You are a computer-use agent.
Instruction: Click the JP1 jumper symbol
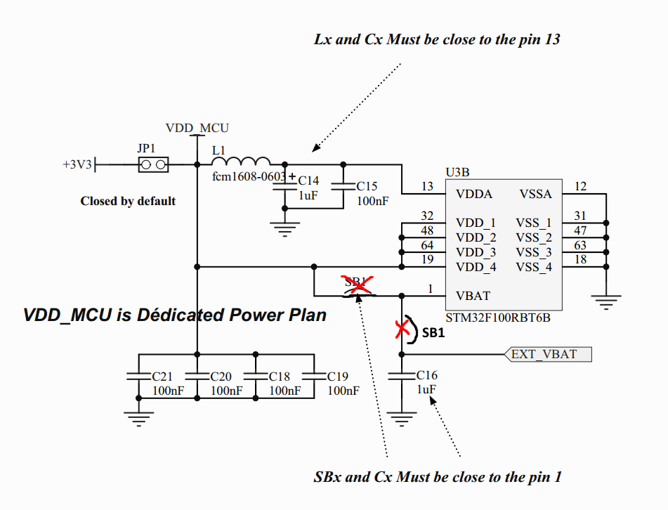pos(152,165)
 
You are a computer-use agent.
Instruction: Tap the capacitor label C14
pos(308,181)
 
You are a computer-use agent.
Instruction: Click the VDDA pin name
pos(474,195)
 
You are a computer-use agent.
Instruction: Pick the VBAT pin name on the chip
pos(473,296)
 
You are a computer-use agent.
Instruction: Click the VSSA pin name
pos(536,195)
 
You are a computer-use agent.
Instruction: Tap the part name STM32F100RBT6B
pos(498,318)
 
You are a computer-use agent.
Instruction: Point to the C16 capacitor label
pos(426,375)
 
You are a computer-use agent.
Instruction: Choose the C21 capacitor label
pos(162,377)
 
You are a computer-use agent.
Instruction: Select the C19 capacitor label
pos(338,377)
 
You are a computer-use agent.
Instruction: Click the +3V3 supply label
pos(77,165)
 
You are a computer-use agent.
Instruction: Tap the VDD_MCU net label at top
pos(197,128)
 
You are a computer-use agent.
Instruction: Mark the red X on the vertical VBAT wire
pos(402,328)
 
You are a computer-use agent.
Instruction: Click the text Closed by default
pos(128,201)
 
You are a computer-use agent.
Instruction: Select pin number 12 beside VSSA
pos(580,186)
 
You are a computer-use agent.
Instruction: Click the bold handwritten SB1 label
pos(433,334)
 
